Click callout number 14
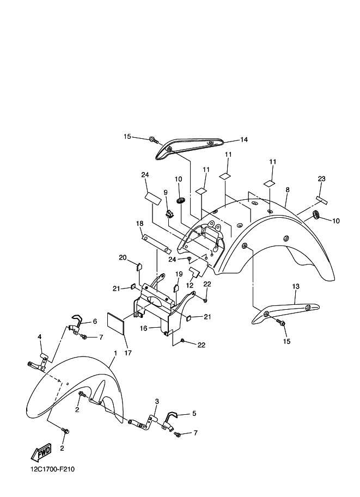(x=243, y=140)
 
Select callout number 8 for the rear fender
(x=287, y=189)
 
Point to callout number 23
(x=321, y=179)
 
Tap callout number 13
(x=296, y=286)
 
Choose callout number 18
(x=139, y=223)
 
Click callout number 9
(x=164, y=193)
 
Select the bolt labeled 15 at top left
(x=152, y=140)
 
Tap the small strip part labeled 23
(x=320, y=200)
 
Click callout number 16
(x=143, y=329)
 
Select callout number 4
(x=39, y=336)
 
